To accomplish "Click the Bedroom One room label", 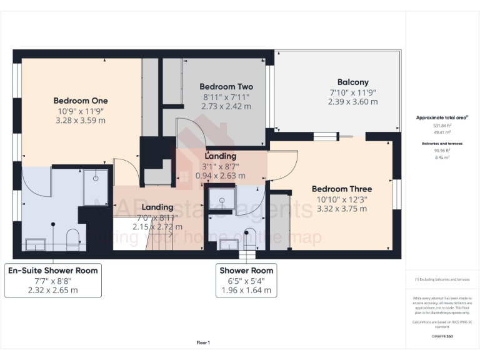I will coord(80,101).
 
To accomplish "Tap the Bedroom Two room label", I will coord(226,87).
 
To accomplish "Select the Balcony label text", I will coord(352,82).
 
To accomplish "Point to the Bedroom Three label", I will coord(341,189).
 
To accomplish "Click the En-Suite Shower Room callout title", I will coord(52,271).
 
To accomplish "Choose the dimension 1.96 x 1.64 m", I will coord(246,290).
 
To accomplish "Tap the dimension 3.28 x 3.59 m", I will coord(80,120).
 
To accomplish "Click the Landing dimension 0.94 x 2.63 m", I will coord(221,176).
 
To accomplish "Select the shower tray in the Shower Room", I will coord(221,201).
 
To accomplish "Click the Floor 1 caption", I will coord(203,342).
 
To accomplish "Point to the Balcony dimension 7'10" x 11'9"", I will coord(352,92).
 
